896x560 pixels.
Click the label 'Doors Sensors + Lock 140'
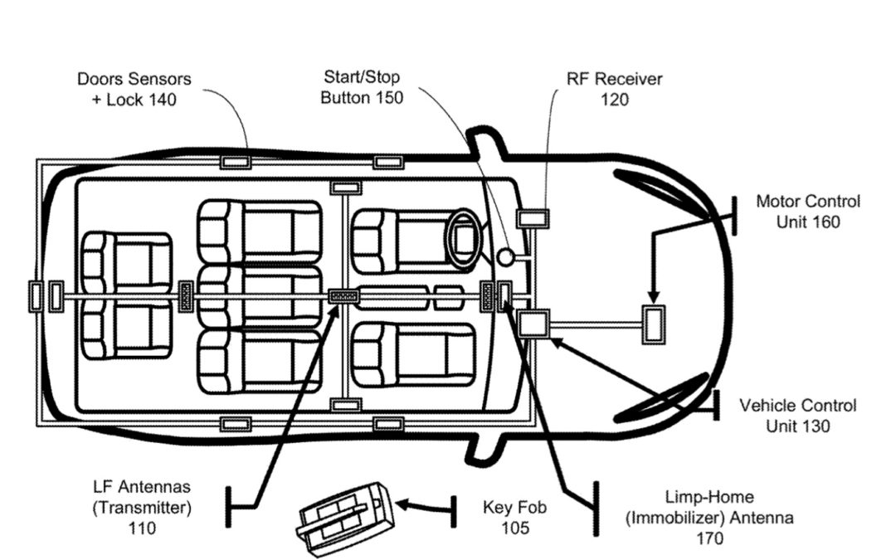coord(134,90)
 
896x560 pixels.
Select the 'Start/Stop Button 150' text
coord(362,87)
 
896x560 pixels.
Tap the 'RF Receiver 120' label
coord(614,90)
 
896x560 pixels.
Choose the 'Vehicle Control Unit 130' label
coord(797,416)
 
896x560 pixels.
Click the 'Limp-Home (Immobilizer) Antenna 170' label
coord(709,518)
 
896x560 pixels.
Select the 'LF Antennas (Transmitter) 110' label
coord(142,506)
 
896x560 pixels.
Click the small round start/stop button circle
coord(505,257)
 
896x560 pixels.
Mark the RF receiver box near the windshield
coord(533,218)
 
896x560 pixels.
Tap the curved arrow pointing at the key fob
coord(423,505)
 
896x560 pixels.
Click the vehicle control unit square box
coord(533,324)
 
